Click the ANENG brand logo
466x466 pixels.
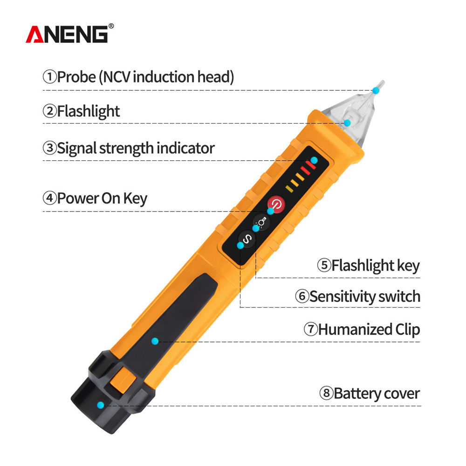coord(67,34)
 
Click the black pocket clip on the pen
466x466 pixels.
coord(177,322)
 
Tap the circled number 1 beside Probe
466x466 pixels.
coord(49,76)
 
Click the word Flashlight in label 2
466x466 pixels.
coord(89,111)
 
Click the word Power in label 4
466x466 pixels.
coord(77,199)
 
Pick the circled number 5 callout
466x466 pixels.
coord(324,266)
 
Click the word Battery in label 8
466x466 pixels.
coord(354,393)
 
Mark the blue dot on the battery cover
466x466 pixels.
coord(100,405)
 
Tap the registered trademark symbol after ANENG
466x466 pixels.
coord(110,26)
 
